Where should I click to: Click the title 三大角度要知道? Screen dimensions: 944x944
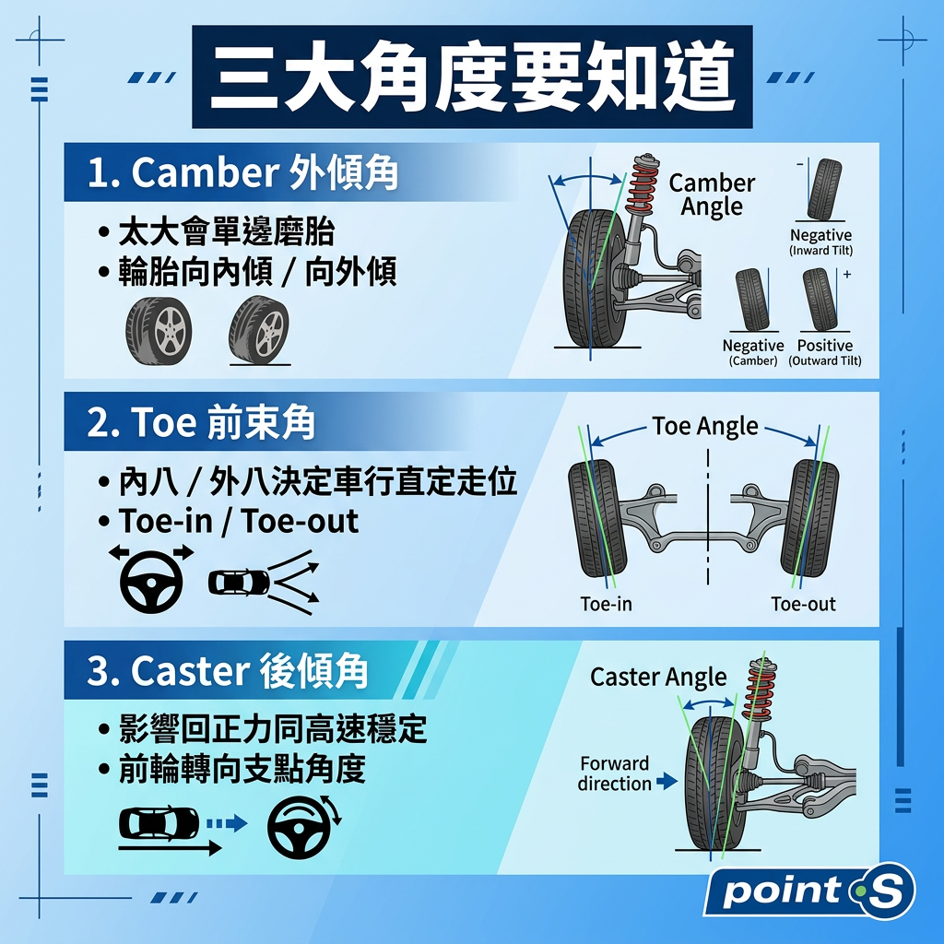click(473, 77)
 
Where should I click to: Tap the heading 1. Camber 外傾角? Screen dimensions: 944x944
click(242, 172)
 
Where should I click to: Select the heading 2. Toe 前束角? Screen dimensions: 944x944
click(201, 422)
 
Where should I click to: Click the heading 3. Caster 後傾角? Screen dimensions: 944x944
click(228, 671)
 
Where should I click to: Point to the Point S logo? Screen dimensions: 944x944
click(809, 891)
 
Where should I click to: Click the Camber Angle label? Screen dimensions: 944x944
click(712, 195)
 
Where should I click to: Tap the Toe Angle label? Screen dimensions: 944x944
click(705, 426)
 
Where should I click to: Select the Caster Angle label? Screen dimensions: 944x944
click(658, 678)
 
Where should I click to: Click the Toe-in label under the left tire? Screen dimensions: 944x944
click(607, 604)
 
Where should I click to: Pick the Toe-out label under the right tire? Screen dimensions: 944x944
click(803, 604)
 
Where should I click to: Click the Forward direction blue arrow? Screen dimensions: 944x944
click(667, 782)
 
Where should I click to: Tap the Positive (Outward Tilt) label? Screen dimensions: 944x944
click(825, 352)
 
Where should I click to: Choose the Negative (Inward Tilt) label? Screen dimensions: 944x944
click(821, 242)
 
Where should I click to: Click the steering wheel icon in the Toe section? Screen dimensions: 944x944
click(152, 580)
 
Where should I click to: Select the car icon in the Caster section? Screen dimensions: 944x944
click(159, 823)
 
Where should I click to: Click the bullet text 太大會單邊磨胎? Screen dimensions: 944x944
click(227, 231)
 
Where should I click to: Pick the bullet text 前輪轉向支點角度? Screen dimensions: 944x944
click(242, 769)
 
